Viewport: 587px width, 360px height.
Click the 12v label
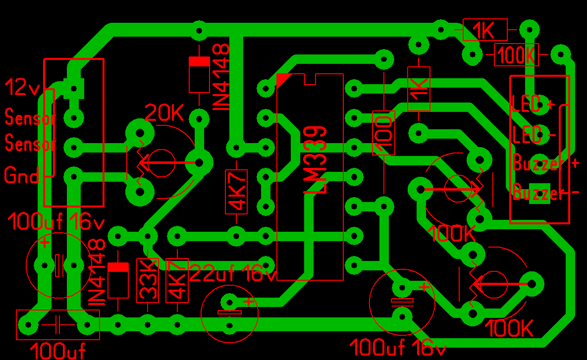pos(22,87)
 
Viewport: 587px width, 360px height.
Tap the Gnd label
pos(21,175)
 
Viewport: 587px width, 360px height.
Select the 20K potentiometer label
pos(164,112)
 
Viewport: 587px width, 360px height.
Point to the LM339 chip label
pos(316,160)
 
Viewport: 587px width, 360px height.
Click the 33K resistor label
pos(148,280)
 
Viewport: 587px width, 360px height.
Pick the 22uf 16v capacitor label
pos(233,273)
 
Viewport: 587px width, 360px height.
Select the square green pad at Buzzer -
pos(539,193)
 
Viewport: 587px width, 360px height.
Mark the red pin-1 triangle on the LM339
pos(282,79)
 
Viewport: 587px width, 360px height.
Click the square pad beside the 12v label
pos(74,89)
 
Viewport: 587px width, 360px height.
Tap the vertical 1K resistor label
pos(419,89)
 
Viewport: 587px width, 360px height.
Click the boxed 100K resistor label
pos(516,55)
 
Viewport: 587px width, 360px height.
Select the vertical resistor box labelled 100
pos(384,133)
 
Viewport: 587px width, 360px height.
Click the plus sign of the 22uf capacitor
pos(249,301)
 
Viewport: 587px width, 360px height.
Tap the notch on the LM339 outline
pos(311,79)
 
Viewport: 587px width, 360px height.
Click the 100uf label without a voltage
pos(57,351)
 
